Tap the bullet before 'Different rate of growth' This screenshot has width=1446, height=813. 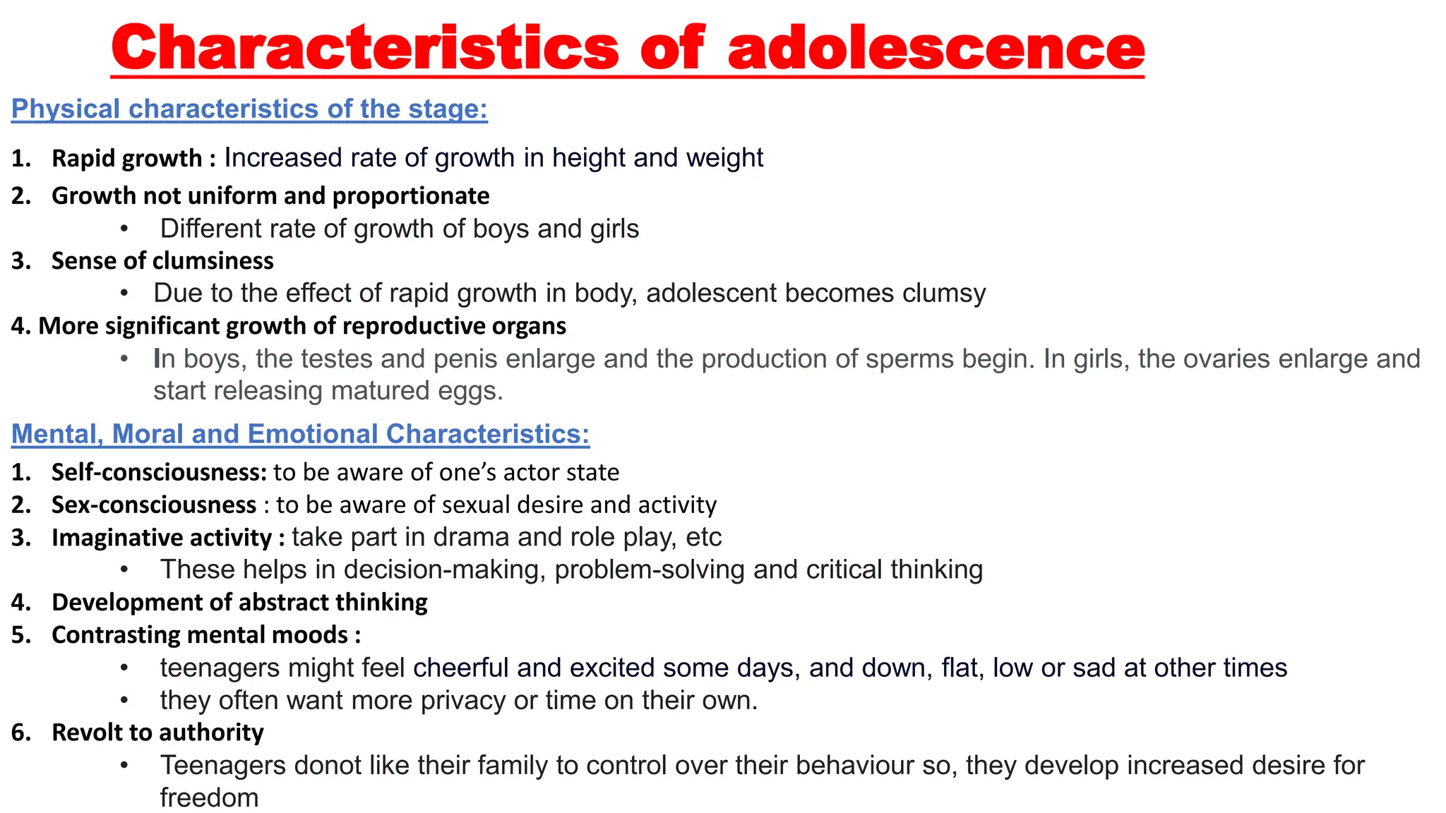[x=124, y=229]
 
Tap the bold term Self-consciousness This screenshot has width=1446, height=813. [x=159, y=472]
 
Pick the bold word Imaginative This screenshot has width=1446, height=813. [x=108, y=538]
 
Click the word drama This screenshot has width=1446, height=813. [x=471, y=537]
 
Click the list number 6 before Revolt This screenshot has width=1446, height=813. [x=20, y=733]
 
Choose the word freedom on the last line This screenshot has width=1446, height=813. [x=209, y=798]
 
